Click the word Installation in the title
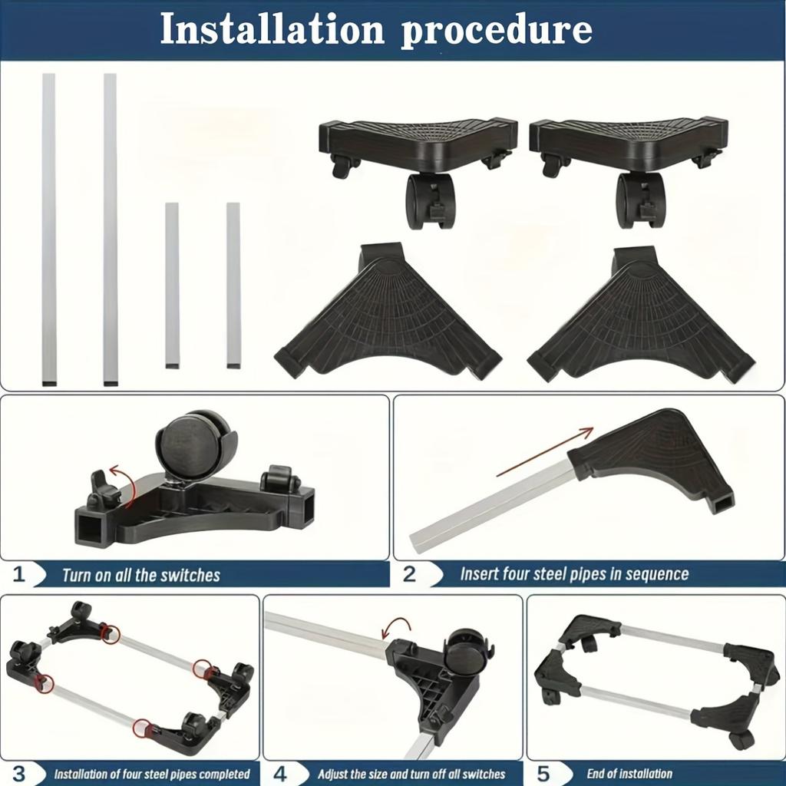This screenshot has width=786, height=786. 272,29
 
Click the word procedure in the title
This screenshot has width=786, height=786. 496,29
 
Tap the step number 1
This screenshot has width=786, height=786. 19,574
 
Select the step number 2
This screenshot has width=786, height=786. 409,574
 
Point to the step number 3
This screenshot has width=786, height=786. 19,773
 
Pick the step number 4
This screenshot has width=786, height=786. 280,773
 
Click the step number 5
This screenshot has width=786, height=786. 543,773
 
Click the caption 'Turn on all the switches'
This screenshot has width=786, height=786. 141,575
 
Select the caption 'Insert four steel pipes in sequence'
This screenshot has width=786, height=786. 574,574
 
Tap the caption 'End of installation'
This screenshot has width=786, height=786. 629,774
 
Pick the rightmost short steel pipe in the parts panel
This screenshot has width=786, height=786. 233,285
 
